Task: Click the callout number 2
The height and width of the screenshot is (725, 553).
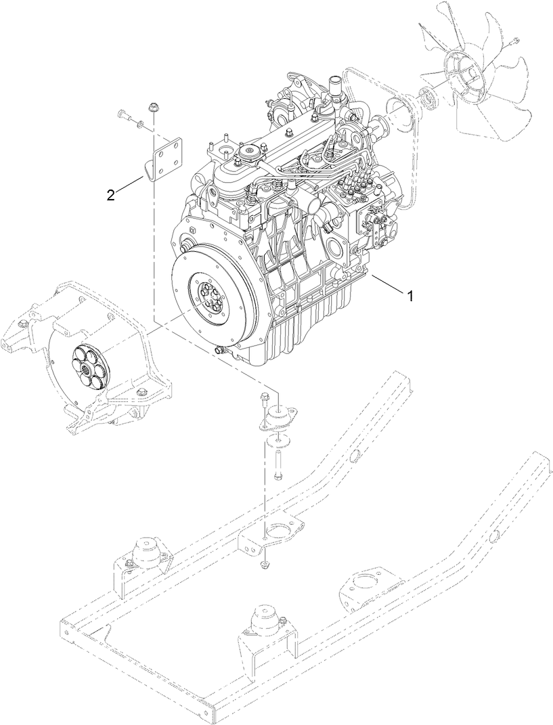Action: [110, 196]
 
